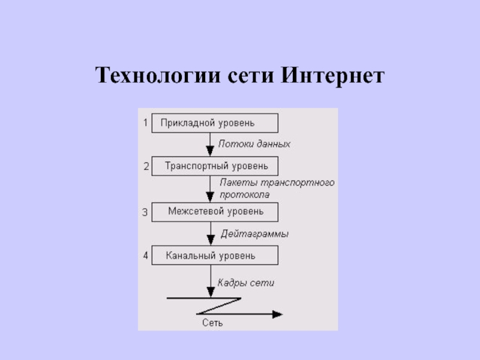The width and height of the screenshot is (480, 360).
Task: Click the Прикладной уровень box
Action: [x=214, y=123]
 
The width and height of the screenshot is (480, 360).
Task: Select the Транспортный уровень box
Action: [x=214, y=166]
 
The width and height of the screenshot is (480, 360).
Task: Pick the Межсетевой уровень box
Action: [x=214, y=211]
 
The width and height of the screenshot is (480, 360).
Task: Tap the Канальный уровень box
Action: [x=214, y=256]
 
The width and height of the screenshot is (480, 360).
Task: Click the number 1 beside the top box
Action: [x=145, y=123]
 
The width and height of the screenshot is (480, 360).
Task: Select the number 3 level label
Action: [x=145, y=212]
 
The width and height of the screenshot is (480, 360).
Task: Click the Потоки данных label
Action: [x=254, y=144]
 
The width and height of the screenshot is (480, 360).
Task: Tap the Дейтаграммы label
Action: [x=254, y=234]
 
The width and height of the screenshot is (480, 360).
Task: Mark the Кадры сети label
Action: [x=245, y=283]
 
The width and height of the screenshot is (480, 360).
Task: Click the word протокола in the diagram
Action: [x=244, y=194]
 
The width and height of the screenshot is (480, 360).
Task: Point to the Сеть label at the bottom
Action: [x=212, y=323]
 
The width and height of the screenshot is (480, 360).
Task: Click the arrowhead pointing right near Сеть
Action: [x=277, y=313]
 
